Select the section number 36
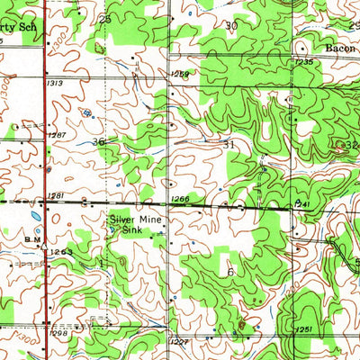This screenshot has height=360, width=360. pos(98,142)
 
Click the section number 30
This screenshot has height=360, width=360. pos(231,26)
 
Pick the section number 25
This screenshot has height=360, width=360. pos(105,19)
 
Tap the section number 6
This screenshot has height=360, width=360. pos(230,271)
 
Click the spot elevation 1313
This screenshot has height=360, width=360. pos(56,83)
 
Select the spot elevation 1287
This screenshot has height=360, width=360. pos(56,135)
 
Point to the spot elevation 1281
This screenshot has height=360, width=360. pos(58,194)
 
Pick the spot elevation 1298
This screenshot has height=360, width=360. pos(58,334)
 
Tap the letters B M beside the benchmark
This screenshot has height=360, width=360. pos(32,240)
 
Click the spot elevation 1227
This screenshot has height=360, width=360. pos(178,341)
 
